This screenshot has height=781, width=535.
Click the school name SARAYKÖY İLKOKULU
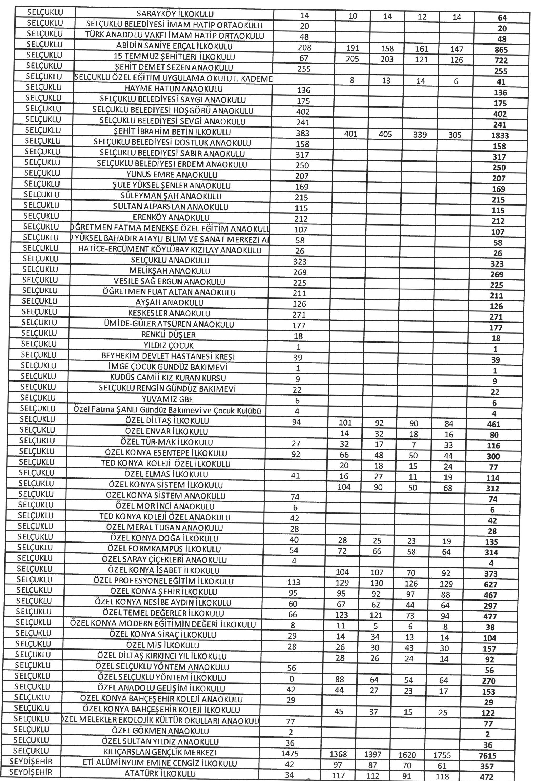(175, 14)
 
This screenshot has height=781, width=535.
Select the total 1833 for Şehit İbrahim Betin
(499, 136)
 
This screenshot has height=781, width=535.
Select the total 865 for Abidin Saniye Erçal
(501, 50)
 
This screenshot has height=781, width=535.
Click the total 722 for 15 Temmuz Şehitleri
(501, 61)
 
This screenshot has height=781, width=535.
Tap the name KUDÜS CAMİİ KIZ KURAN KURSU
(168, 378)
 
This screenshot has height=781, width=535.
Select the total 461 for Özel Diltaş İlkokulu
(494, 424)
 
